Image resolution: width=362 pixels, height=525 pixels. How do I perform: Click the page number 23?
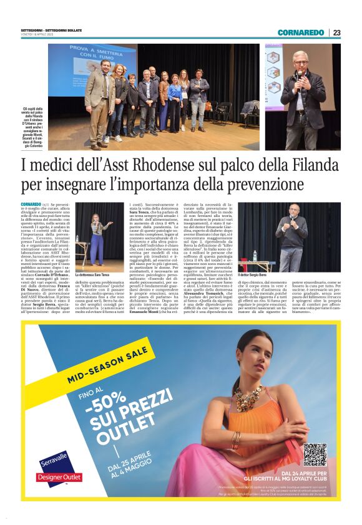click(336, 32)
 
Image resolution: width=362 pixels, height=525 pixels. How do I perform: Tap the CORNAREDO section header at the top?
click(301, 32)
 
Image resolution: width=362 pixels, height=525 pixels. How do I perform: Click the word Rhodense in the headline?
click(164, 166)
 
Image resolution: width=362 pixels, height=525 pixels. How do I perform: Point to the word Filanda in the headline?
click(310, 166)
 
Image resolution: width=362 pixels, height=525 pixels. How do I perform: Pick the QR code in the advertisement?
click(315, 455)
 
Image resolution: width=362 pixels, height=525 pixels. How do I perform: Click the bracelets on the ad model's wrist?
click(237, 440)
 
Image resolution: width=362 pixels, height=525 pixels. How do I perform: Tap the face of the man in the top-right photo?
click(302, 60)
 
